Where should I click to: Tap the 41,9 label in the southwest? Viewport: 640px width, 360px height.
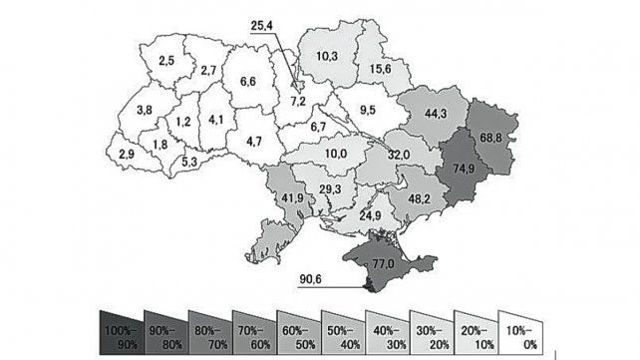[293, 198]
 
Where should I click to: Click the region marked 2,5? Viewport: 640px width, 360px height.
[165, 61]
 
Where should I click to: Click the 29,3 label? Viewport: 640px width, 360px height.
[331, 189]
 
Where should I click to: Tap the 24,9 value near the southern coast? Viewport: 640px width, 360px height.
[370, 215]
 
